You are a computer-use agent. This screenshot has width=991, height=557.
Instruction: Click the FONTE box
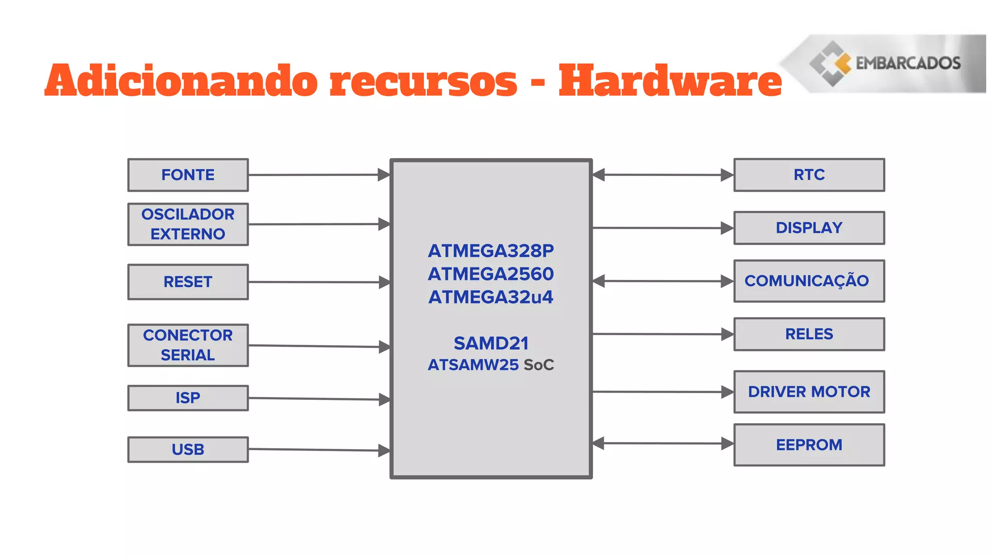coord(188,175)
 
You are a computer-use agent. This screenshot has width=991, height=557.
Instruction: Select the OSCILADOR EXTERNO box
coord(188,224)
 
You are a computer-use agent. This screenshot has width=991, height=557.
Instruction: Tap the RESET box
coord(188,282)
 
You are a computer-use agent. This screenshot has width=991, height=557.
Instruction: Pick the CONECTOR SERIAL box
coord(188,345)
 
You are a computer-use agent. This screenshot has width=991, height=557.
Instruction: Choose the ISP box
coord(188,398)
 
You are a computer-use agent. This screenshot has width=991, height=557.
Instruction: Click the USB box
coord(188,450)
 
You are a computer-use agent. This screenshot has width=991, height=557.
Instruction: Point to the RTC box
coord(809,175)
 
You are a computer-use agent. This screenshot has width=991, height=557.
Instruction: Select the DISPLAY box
coord(809,228)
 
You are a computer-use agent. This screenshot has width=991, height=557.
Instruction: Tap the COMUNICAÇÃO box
coord(809,281)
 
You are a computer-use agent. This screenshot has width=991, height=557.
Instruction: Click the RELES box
coord(809,334)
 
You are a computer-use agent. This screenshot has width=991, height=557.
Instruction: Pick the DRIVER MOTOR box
coord(809,392)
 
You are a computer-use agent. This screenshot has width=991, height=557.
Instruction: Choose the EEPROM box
coord(809,445)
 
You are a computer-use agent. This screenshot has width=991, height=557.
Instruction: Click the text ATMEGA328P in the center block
coord(491,251)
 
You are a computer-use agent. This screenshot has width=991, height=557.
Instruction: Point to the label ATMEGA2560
coord(491,274)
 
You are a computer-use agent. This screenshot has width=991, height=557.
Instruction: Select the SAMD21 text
coord(491,343)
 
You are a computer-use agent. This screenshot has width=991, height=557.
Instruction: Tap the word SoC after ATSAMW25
coord(539,365)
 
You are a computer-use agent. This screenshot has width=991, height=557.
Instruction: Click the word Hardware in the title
coord(670,81)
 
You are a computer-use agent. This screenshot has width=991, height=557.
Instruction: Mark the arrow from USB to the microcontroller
coord(319,450)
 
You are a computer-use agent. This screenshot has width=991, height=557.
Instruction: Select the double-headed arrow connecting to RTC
coord(663,175)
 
